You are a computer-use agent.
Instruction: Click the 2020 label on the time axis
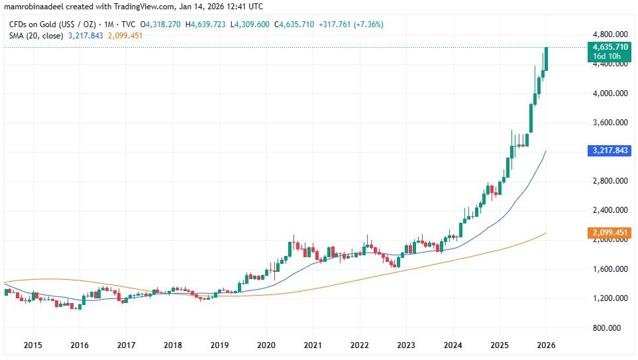pyautogui.click(x=266, y=345)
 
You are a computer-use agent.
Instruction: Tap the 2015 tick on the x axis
pyautogui.click(x=32, y=345)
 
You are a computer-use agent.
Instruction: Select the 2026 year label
pyautogui.click(x=547, y=345)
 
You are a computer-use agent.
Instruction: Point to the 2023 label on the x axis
pyautogui.click(x=406, y=345)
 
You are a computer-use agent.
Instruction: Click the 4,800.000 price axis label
pyautogui.click(x=610, y=34)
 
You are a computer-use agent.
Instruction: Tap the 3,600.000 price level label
pyautogui.click(x=610, y=123)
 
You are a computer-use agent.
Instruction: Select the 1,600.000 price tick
pyautogui.click(x=610, y=269)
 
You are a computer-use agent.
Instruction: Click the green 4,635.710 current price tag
pyautogui.click(x=610, y=47)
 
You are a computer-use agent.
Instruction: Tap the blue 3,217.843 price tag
pyautogui.click(x=610, y=151)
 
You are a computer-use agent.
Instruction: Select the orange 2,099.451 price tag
pyautogui.click(x=610, y=233)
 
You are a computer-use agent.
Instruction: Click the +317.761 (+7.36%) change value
pyautogui.click(x=350, y=25)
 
